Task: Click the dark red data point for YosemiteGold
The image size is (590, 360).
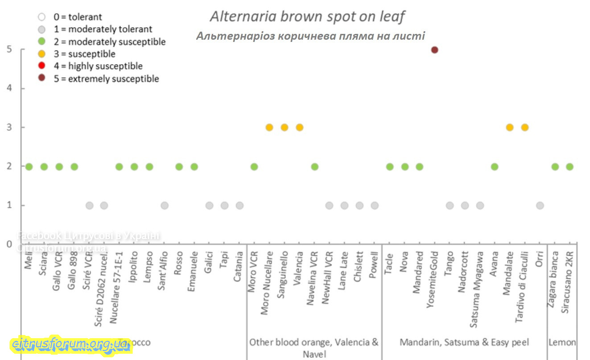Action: click(x=435, y=50)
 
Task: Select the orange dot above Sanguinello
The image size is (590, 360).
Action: click(x=285, y=127)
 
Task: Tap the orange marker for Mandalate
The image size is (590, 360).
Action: click(x=510, y=127)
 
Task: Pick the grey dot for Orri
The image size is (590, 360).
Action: click(x=540, y=205)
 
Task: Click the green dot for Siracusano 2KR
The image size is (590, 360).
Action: click(x=570, y=166)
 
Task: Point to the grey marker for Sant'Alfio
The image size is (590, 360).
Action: click(x=165, y=205)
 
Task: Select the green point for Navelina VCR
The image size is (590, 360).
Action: click(x=314, y=166)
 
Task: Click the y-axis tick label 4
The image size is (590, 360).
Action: click(x=9, y=88)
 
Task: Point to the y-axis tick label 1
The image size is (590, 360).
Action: click(x=9, y=205)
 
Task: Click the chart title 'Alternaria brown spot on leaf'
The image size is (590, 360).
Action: click(x=307, y=17)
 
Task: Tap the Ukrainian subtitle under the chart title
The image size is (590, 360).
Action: click(x=310, y=36)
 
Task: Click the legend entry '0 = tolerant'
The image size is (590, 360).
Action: click(x=78, y=17)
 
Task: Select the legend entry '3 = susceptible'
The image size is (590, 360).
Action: click(x=84, y=54)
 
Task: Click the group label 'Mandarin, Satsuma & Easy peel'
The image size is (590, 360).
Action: click(x=464, y=343)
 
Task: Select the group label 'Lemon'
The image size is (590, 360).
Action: click(x=562, y=343)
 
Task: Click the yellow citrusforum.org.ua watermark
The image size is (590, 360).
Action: click(x=70, y=344)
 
